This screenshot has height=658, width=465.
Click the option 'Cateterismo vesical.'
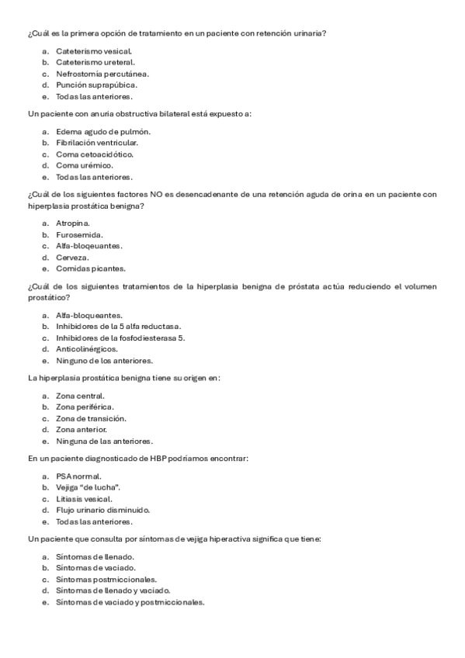pos(88,50)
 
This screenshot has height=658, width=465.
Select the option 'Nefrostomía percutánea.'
pos(102,74)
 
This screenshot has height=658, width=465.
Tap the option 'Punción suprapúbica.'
pos(96,85)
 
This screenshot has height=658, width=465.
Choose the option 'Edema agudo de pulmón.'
pos(102,131)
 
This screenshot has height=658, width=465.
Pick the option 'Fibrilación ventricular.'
pos(97,143)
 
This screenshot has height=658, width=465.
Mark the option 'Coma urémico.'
pos(85,165)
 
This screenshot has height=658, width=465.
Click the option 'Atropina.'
pos(73,223)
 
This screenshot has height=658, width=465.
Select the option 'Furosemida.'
pos(79,234)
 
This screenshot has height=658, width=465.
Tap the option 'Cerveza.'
pos(72,257)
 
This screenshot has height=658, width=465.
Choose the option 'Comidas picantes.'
pos(90,268)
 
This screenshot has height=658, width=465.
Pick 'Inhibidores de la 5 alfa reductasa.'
pos(118,327)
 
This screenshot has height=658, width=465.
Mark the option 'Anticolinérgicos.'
pos(87,349)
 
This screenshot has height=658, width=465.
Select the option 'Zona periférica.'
pos(85,407)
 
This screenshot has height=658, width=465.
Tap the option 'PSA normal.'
pos(78,476)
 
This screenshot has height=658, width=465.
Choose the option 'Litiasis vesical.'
pos(84,499)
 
